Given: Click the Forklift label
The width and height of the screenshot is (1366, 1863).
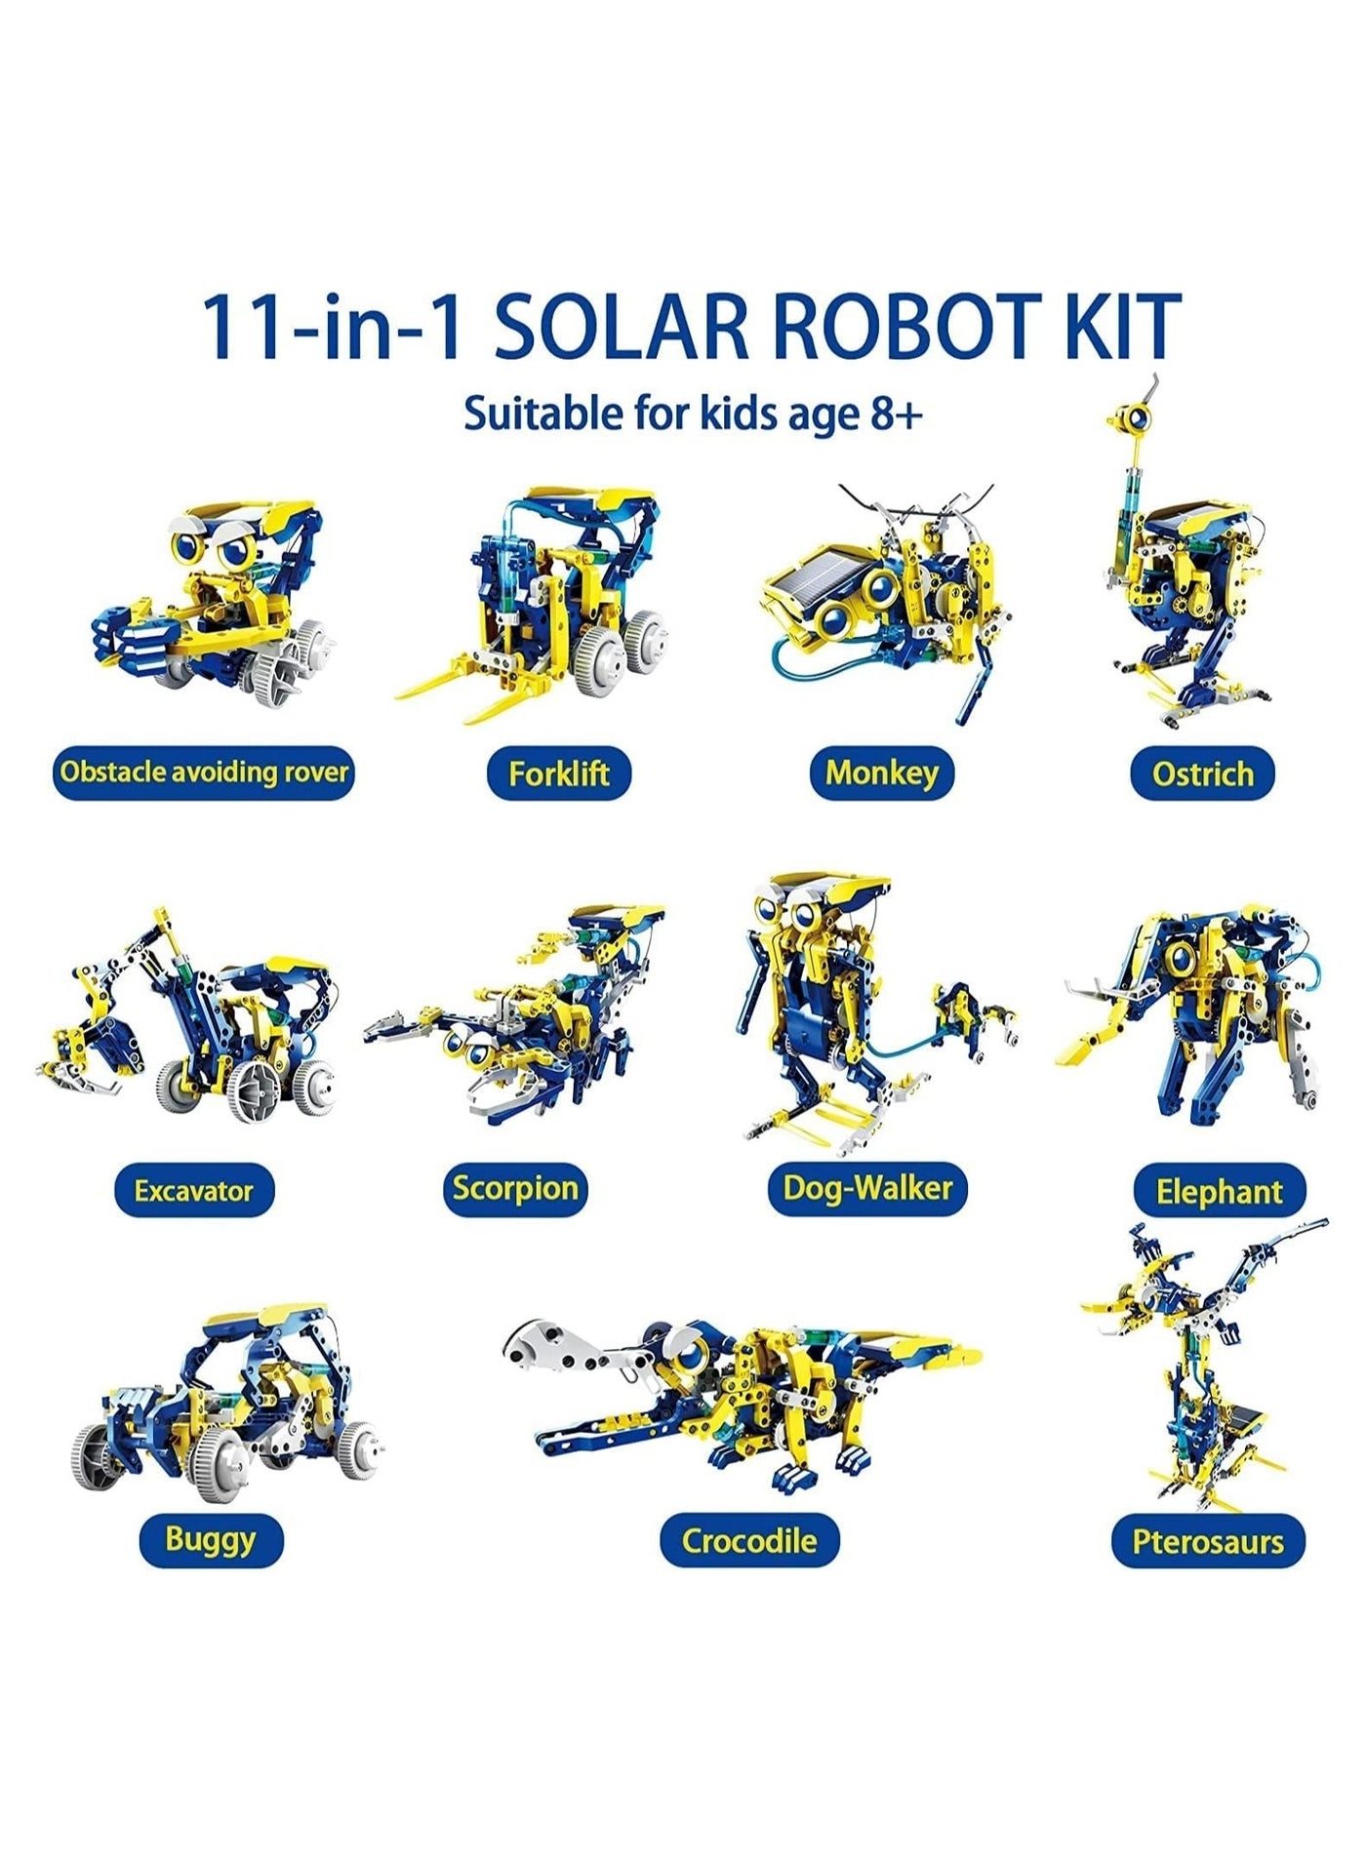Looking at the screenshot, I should [x=559, y=773].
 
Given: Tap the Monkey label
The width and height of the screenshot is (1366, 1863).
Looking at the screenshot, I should [x=881, y=773].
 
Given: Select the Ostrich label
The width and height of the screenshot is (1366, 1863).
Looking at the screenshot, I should [x=1202, y=773].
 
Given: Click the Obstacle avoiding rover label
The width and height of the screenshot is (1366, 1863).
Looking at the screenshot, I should [x=203, y=773].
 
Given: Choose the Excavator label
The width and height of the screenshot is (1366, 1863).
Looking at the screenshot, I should [x=193, y=1190].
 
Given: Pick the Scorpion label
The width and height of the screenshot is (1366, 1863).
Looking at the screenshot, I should [x=515, y=1188].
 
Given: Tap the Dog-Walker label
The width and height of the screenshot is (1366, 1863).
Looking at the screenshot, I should [x=867, y=1188].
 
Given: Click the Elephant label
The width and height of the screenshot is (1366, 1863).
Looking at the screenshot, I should [x=1219, y=1191].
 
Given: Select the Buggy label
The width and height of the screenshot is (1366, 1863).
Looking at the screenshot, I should [x=210, y=1539].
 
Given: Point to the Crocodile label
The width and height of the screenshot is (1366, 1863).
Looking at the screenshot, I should [x=748, y=1540].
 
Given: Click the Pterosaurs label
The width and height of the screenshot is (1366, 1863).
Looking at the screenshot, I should [x=1208, y=1541].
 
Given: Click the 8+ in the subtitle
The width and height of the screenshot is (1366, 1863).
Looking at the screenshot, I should [x=894, y=415].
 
